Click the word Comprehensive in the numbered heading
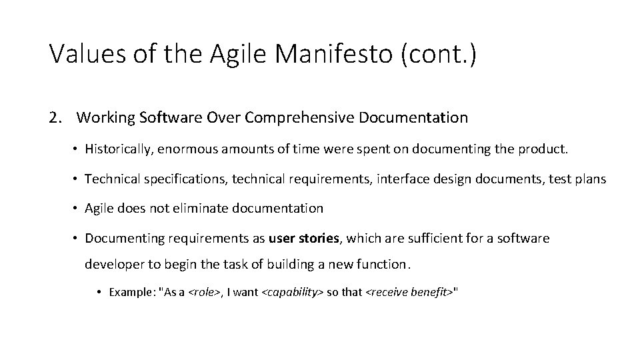pyautogui.click(x=299, y=118)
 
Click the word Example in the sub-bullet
pyautogui.click(x=129, y=292)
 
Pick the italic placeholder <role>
pyautogui.click(x=207, y=292)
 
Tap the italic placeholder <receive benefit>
pyautogui.click(x=409, y=292)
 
